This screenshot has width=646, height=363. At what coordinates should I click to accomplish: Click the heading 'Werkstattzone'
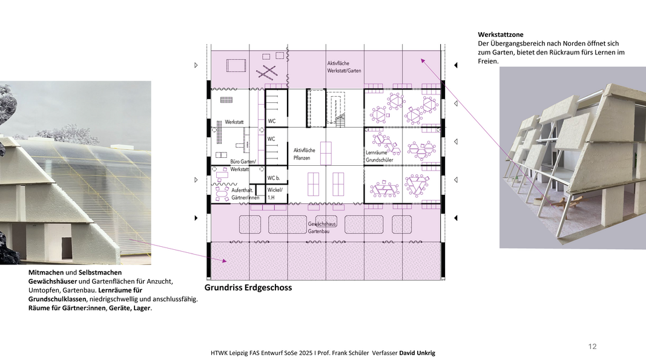point(501,34)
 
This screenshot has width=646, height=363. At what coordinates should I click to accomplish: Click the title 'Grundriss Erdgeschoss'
point(248,288)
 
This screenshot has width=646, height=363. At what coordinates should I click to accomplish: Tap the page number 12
point(593,347)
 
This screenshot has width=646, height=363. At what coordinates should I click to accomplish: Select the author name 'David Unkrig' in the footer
point(417,353)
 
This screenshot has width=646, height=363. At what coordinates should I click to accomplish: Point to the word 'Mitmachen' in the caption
point(46,272)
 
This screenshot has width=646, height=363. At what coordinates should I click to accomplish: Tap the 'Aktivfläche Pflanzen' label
point(305,154)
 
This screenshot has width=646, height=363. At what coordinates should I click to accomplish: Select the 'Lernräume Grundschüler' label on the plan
point(380,156)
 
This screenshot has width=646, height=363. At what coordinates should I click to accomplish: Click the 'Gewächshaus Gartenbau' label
point(322,227)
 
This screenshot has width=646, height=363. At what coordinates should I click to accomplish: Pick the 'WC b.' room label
point(274,178)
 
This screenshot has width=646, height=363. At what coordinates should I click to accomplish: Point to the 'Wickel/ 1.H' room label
point(275,194)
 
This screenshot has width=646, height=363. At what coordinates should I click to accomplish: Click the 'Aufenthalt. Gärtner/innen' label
point(245,194)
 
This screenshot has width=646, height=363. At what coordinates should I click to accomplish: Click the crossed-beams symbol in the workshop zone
point(266,72)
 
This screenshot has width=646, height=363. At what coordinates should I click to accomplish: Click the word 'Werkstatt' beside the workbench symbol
point(234,122)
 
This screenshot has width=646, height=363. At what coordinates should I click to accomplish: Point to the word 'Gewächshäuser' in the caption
point(53,281)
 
